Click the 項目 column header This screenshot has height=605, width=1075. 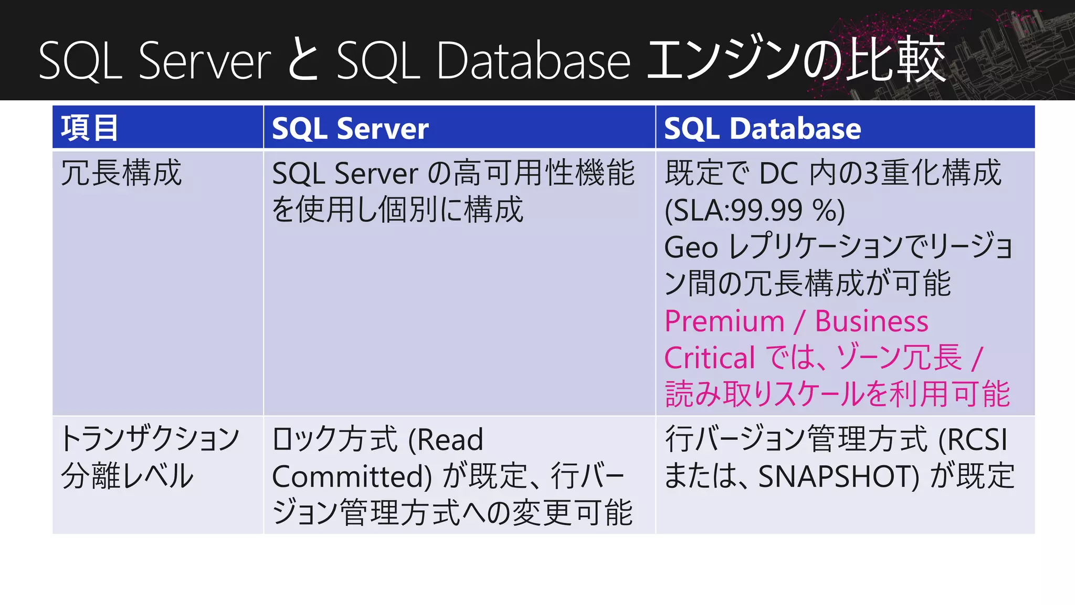coord(89,128)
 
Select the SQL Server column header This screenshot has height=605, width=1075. coord(350,128)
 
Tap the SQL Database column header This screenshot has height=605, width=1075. coord(762,128)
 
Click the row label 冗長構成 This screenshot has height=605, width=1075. coord(121,173)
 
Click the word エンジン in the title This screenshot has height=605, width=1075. coord(725,60)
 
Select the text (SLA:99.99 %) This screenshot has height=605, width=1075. coord(754,210)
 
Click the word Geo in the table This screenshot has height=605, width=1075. coord(691,247)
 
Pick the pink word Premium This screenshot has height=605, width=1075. coord(724,321)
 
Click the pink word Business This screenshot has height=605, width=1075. coord(871,321)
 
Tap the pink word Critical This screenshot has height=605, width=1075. coord(710,358)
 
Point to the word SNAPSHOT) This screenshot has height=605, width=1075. coord(839,476)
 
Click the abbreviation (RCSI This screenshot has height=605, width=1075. coord(973,440)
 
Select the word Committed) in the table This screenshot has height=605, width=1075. coord(352,476)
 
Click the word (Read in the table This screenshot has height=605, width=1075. coord(446,440)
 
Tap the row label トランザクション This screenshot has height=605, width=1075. coord(150,439)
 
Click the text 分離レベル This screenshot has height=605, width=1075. coord(127,476)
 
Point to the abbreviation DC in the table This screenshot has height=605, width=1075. coord(779,173)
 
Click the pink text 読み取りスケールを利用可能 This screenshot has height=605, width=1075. coord(837,394)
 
